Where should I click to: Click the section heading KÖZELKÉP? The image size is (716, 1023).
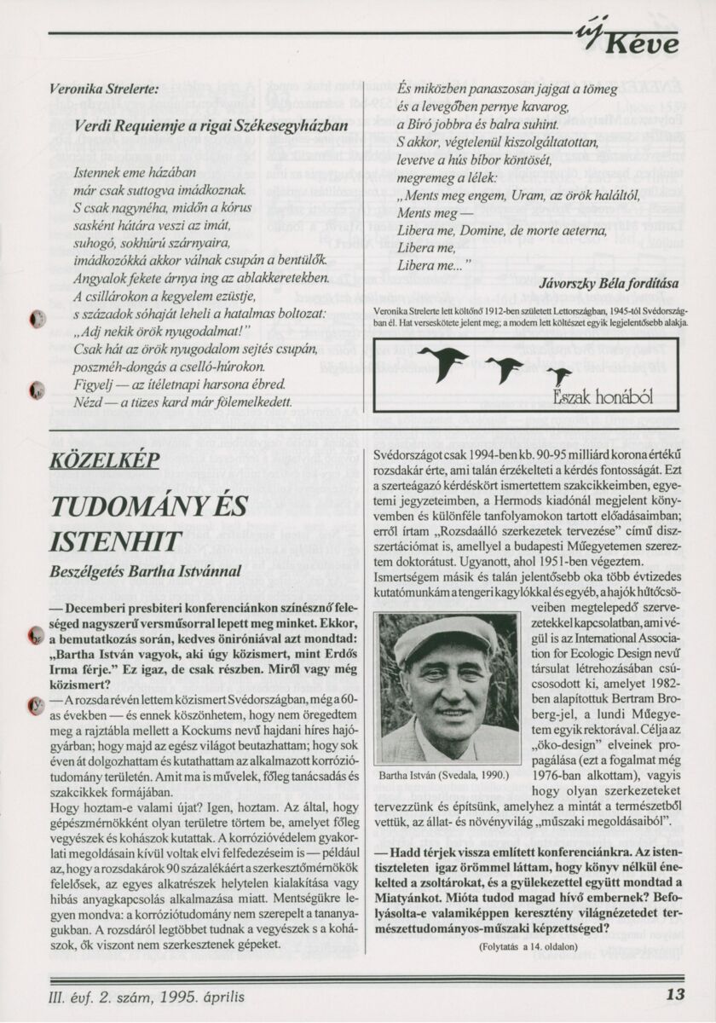click(105, 460)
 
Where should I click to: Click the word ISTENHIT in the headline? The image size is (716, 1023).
click(116, 540)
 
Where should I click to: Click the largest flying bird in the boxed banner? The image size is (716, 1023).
click(443, 362)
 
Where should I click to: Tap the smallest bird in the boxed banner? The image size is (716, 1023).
click(559, 375)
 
